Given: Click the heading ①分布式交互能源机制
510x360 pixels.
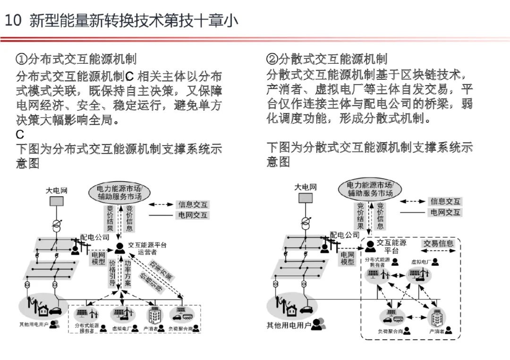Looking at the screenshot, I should click(x=76, y=59).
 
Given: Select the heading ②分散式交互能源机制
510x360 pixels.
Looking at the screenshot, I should click(x=327, y=59).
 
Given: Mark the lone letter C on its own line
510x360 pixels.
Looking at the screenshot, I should click(x=20, y=135).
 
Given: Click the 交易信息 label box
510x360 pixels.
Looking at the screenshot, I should click(x=438, y=243).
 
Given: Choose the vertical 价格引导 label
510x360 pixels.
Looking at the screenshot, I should click(x=112, y=273).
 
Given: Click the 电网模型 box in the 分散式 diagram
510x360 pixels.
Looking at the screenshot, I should click(x=348, y=258).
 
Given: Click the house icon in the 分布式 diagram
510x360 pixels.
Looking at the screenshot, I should click(x=43, y=311).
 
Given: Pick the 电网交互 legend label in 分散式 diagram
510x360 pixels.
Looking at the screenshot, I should click(x=445, y=212).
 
